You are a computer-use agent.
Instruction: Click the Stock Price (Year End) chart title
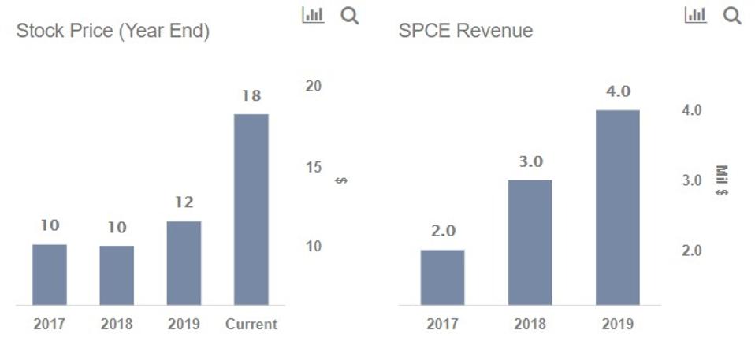(x=113, y=32)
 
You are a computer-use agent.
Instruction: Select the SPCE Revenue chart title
(x=465, y=31)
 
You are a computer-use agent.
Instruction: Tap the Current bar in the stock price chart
(x=251, y=210)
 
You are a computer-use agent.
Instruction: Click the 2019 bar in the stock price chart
(x=184, y=263)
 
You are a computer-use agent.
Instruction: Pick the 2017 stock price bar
(x=50, y=275)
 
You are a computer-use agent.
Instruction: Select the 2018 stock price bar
(x=117, y=276)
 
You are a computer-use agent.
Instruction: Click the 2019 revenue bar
(x=617, y=207)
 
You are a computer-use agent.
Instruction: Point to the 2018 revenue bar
(x=530, y=243)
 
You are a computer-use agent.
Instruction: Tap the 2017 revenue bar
(x=442, y=277)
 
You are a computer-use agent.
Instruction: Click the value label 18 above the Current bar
(x=251, y=96)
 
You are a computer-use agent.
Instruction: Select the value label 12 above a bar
(x=184, y=202)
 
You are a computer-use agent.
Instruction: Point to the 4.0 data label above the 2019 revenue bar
(x=618, y=91)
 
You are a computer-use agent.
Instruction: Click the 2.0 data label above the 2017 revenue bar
(x=442, y=231)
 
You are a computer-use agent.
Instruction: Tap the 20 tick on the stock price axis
(x=314, y=86)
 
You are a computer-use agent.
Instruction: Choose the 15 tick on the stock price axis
(x=314, y=167)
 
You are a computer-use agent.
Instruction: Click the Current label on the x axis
(x=251, y=324)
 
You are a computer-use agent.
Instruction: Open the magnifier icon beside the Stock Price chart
(x=349, y=15)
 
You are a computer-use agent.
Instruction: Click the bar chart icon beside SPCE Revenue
(x=695, y=15)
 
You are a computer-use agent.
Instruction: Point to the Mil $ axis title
(x=721, y=181)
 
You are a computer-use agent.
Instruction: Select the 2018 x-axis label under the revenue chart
(x=530, y=324)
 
